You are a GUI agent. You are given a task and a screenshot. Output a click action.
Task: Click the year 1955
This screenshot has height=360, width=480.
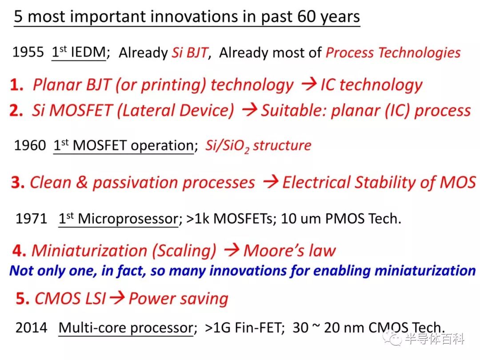[28, 52]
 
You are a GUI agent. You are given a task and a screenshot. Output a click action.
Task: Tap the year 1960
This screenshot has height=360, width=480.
[30, 145]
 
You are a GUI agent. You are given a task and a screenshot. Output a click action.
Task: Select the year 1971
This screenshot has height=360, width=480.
[31, 219]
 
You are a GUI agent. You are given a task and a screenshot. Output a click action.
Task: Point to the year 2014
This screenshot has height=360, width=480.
[31, 328]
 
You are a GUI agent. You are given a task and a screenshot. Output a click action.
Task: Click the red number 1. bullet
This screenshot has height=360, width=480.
[16, 85]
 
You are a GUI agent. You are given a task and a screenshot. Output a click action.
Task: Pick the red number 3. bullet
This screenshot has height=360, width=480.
[18, 183]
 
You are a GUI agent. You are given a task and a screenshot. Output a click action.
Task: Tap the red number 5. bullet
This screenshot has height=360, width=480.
[23, 299]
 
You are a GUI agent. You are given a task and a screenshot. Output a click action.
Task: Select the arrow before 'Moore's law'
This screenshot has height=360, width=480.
[232, 250]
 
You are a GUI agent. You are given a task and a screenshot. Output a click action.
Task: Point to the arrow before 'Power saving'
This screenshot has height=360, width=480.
[117, 297]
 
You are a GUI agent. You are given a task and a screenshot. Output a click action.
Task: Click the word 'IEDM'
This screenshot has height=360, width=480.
[88, 52]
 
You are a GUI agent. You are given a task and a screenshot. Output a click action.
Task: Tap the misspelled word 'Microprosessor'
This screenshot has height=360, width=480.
[128, 219]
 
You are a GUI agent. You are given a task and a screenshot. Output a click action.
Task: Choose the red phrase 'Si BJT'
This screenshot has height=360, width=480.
[190, 52]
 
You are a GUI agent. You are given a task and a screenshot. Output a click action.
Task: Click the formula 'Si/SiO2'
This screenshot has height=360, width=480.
[227, 146]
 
